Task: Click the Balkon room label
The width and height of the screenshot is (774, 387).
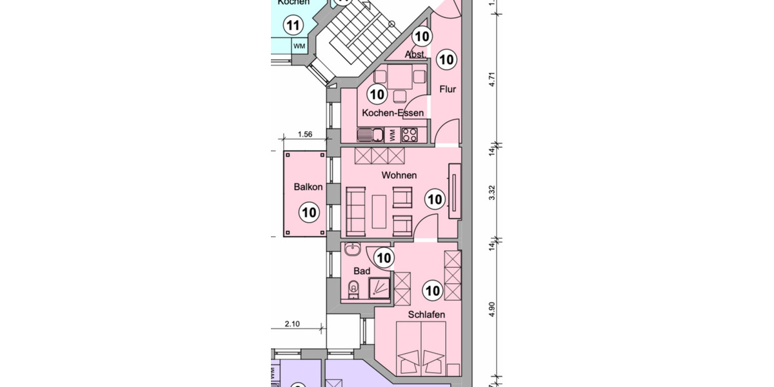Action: point(308,187)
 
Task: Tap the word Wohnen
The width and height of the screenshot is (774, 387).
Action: point(399,175)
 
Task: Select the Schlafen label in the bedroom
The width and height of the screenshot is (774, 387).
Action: point(426,315)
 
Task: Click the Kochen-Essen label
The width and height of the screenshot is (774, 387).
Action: point(393,113)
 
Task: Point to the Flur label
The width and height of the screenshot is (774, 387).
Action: point(448,89)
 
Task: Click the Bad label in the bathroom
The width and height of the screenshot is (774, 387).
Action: point(362,271)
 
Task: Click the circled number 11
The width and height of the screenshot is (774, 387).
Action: point(294,26)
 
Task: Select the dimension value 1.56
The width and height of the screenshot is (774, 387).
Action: point(305,134)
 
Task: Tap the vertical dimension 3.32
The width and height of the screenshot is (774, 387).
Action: point(492,193)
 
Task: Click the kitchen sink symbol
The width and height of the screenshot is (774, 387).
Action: point(366,135)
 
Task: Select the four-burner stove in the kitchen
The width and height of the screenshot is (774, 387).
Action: point(409,135)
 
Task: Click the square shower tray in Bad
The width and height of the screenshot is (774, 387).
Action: point(379,288)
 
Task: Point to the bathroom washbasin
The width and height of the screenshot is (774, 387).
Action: point(353,250)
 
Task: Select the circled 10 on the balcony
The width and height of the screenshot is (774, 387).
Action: point(309,212)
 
